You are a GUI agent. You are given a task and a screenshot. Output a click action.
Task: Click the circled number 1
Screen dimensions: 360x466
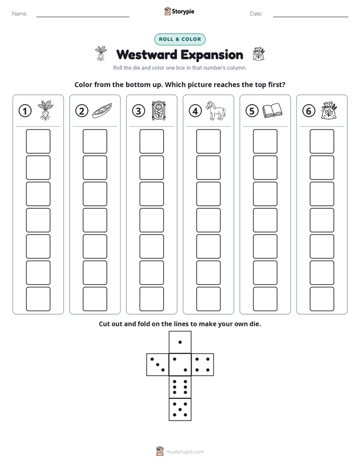pyautogui.click(x=25, y=111)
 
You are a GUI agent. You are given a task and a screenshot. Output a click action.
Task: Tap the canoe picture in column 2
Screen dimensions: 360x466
pyautogui.click(x=102, y=111)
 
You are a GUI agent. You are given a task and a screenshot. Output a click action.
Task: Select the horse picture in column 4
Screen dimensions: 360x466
pyautogui.click(x=216, y=110)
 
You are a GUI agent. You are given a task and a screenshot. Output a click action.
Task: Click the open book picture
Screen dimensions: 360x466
pyautogui.click(x=272, y=110)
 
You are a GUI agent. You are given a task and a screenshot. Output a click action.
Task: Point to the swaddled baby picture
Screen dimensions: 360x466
pyautogui.click(x=159, y=110)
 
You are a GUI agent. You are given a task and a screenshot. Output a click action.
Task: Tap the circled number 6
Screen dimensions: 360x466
pyautogui.click(x=309, y=111)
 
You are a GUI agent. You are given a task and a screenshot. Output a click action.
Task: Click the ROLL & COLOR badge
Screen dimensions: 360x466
pyautogui.click(x=180, y=39)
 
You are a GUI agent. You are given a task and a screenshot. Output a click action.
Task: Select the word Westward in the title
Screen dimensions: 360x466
pyautogui.click(x=147, y=55)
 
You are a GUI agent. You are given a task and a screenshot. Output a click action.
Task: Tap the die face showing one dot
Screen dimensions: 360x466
pyautogui.click(x=180, y=342)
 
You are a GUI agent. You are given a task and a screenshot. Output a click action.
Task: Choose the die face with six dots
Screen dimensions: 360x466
pyautogui.click(x=180, y=387)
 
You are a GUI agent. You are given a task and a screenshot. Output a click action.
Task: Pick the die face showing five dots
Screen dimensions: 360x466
pyautogui.click(x=180, y=410)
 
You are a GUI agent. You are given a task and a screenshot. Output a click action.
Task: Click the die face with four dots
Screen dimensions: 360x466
pyautogui.click(x=203, y=365)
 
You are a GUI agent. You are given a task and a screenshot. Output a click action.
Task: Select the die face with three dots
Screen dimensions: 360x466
pyautogui.click(x=158, y=365)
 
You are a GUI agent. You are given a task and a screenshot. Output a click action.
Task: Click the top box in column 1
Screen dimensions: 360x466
pyautogui.click(x=38, y=141)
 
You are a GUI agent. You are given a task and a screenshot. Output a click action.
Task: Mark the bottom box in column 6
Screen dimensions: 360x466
pyautogui.click(x=322, y=299)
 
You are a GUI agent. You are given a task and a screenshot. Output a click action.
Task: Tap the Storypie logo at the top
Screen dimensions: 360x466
pyautogui.click(x=179, y=12)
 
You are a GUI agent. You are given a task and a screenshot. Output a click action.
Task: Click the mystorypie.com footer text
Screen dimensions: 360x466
pyautogui.click(x=185, y=452)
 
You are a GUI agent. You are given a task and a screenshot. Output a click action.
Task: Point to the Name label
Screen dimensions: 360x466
pyautogui.click(x=20, y=14)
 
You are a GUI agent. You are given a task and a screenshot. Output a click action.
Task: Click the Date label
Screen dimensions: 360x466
pyautogui.click(x=256, y=14)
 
